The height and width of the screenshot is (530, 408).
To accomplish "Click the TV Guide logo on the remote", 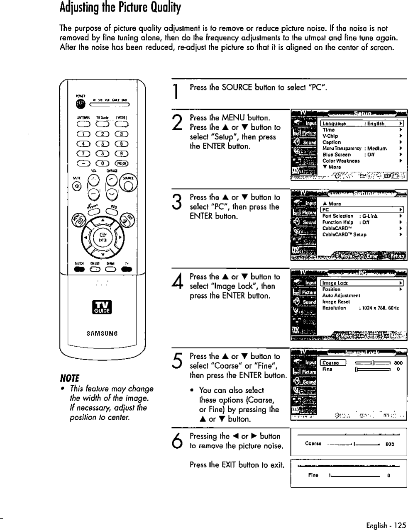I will (102, 309).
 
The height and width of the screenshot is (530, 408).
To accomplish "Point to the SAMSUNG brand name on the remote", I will (102, 333).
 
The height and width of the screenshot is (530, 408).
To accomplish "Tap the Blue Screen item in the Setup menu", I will (337, 155).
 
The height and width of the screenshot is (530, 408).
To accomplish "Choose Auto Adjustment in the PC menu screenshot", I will (341, 296).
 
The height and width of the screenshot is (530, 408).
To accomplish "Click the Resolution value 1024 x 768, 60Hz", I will (381, 308).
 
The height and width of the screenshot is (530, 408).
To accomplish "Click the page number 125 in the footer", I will (400, 525).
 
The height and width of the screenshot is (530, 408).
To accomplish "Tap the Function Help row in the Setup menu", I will (338, 222).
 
